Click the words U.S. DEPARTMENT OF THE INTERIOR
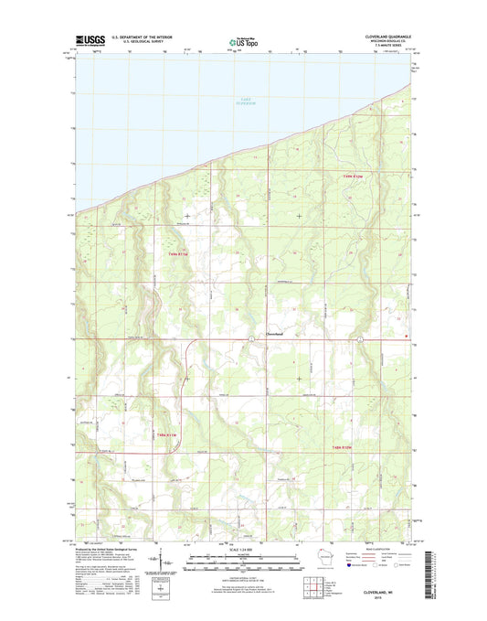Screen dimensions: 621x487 click(x=143, y=37)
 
